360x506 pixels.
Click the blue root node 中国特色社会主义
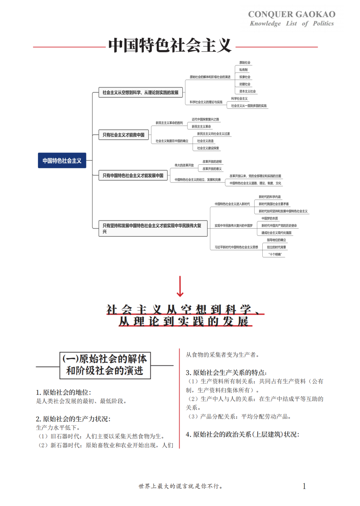(62, 160)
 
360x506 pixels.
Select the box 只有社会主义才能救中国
(123, 135)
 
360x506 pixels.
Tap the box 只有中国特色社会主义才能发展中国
(133, 175)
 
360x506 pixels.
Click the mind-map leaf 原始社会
(245, 63)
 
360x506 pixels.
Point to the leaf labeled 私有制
(243, 70)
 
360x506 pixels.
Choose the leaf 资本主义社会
(247, 91)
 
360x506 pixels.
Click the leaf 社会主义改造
(205, 141)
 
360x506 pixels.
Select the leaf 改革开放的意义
(212, 169)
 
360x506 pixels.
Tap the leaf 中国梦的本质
(270, 218)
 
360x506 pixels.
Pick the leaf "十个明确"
(275, 254)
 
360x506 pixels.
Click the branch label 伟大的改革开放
(184, 165)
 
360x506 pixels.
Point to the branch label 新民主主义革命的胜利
(169, 123)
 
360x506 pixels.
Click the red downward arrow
(180, 287)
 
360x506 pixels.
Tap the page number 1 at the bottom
(304, 486)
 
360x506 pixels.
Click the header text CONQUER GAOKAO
(292, 14)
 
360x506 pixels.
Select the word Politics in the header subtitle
(323, 23)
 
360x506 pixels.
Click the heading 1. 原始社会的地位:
(63, 392)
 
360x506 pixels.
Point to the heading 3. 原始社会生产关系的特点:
(226, 372)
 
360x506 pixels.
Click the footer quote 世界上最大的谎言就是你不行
(180, 486)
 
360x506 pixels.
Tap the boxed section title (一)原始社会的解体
(105, 359)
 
